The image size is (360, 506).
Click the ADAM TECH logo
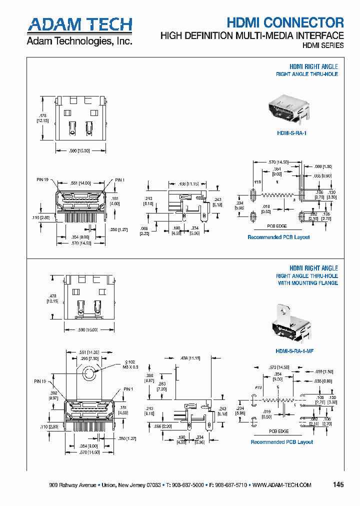[x=79, y=25]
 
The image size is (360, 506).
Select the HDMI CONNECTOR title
[x=285, y=22]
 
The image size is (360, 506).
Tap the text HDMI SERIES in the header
[x=323, y=45]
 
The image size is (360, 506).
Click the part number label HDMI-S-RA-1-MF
[x=293, y=351]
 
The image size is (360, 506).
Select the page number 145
[x=338, y=484]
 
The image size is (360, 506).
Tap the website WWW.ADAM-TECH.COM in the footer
[x=282, y=485]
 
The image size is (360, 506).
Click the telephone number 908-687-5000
[x=187, y=485]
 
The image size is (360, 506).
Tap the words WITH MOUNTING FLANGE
[x=307, y=283]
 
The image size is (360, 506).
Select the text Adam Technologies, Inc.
[x=79, y=41]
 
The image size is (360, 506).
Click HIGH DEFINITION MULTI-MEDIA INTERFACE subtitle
[x=251, y=35]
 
